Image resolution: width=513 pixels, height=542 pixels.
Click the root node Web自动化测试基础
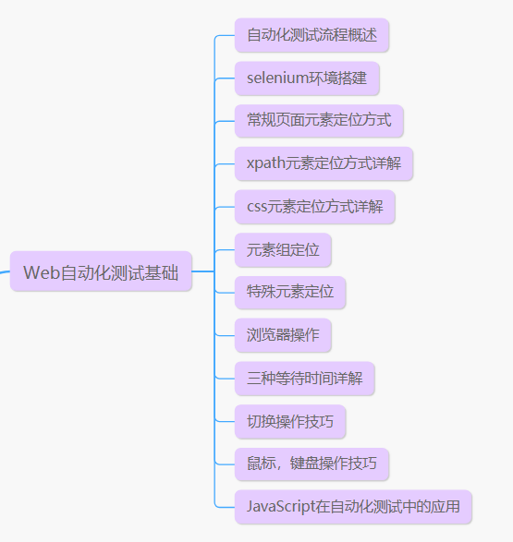(x=101, y=271)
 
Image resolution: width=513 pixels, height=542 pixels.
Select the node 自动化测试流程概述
(x=311, y=36)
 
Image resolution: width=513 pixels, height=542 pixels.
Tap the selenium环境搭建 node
(x=307, y=78)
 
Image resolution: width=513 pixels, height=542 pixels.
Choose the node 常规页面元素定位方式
(x=319, y=121)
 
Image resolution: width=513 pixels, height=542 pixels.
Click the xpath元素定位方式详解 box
(x=324, y=164)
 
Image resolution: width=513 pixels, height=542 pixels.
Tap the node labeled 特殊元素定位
(x=290, y=293)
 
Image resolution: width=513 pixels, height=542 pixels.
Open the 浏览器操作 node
(x=283, y=335)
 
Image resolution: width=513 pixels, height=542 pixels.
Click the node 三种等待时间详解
(x=304, y=379)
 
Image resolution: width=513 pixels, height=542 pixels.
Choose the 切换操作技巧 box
(x=290, y=421)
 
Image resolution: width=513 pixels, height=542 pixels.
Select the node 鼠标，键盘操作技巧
(x=311, y=464)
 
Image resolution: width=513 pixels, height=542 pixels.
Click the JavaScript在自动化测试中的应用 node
(x=353, y=507)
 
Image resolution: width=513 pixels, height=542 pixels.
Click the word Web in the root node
(x=40, y=272)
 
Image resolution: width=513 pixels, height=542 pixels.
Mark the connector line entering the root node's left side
(x=4, y=271)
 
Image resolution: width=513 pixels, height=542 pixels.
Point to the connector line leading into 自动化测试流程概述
(x=225, y=36)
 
